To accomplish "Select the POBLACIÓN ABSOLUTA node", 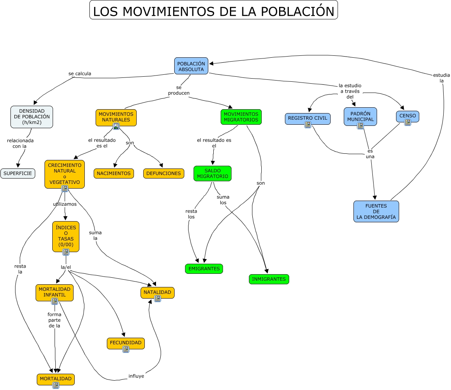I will pos(191,66).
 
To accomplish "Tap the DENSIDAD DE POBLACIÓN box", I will pos(32,117).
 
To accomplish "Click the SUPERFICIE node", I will pos(18,174).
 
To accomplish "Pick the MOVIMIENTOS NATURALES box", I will pos(116,117).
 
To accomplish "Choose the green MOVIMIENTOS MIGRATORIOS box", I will pos(241,117).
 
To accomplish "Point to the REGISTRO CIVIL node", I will pos(307,118).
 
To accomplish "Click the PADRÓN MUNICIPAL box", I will pos(360,116).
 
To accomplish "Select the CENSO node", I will pos(407,116).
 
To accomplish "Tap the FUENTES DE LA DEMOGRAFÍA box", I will pos(376,211).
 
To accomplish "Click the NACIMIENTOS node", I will pos(113,174).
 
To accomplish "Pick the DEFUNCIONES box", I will pos(163,174).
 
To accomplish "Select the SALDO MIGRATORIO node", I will pos(212,173).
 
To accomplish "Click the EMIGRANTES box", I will pos(204,269).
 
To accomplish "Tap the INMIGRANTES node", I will pos(269,279).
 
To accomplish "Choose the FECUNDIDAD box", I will pos(125,343).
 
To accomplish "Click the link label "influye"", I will pos(136,376).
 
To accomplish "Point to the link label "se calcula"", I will pos(80,74).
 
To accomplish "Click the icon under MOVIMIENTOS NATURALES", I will pos(116,126).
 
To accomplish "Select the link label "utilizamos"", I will pos(65,204).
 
